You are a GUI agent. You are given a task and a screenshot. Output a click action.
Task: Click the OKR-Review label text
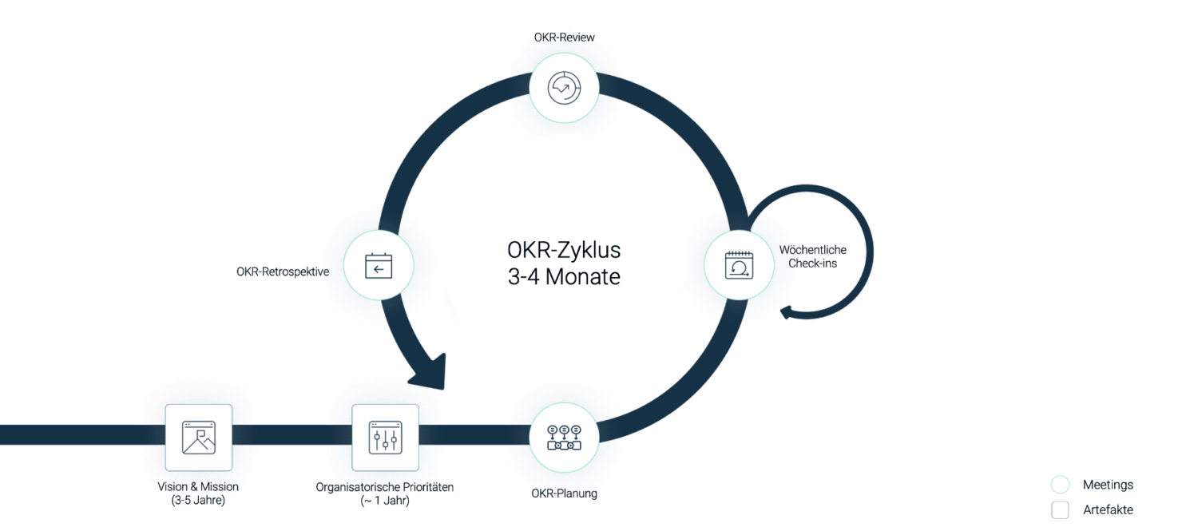564,38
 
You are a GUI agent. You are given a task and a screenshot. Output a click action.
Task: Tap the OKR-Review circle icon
564,88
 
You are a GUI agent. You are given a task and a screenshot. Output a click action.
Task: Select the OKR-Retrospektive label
283,271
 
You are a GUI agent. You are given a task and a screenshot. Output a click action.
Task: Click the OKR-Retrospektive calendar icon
379,265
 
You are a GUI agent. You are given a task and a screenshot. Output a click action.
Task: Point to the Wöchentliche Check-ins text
812,256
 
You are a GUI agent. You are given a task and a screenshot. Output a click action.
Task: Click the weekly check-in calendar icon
739,265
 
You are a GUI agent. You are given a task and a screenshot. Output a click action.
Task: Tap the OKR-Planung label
564,493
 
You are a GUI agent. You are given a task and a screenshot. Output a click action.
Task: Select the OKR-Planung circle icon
564,438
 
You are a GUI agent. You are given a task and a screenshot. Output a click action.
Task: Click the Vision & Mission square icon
199,438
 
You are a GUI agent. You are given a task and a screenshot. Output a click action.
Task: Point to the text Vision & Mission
198,486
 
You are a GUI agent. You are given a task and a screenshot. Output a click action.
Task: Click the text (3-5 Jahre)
198,501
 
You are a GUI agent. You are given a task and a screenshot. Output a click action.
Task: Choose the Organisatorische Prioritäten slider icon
385,438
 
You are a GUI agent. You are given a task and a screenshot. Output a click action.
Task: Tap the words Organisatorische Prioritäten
385,486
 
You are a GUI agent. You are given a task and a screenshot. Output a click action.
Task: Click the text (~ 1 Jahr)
385,501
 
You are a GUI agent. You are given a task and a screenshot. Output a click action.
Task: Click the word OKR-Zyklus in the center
564,250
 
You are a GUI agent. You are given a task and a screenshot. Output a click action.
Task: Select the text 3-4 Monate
564,278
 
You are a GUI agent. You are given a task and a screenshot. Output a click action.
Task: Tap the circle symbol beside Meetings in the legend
1060,485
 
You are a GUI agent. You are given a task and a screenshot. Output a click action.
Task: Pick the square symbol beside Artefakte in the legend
1060,509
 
